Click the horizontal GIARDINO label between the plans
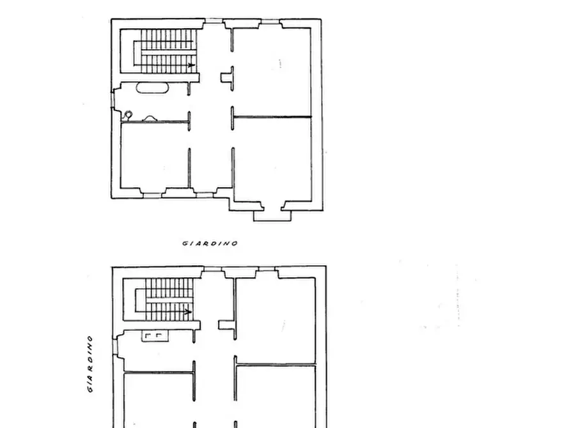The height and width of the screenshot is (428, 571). click(210, 243)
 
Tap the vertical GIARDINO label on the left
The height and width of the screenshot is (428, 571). click(91, 364)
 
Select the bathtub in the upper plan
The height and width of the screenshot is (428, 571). click(152, 89)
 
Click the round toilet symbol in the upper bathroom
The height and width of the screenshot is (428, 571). click(129, 114)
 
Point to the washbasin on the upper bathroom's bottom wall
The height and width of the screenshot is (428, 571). click(152, 118)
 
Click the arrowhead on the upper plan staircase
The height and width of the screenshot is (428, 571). click(191, 65)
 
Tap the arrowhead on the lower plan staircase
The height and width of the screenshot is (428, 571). click(187, 312)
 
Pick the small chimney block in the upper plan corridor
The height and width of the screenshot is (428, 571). click(226, 77)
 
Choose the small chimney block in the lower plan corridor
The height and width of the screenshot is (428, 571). click(225, 325)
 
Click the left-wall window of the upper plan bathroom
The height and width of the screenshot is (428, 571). click(113, 99)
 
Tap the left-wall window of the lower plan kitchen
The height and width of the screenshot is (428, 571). click(114, 346)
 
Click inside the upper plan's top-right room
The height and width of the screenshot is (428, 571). click(272, 70)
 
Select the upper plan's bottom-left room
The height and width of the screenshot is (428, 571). click(154, 157)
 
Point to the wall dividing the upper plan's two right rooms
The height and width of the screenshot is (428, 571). click(272, 117)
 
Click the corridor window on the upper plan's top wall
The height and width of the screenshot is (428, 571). click(213, 21)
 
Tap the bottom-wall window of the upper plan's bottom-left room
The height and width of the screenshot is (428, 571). click(152, 195)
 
